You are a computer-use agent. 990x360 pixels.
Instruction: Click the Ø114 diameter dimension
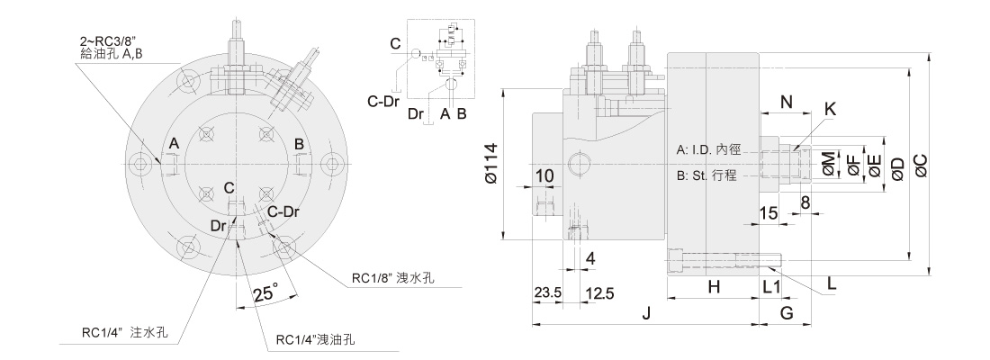[x=491, y=166]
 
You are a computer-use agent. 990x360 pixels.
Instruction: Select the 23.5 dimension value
[x=547, y=293]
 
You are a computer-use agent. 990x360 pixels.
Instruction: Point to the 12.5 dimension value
[x=598, y=293]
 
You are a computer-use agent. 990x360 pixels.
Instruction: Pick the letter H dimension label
[x=713, y=287]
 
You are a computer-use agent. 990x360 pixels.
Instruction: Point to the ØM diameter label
[x=828, y=164]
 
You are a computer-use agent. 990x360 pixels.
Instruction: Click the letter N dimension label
[x=786, y=102]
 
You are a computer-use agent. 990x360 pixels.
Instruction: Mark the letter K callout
[x=830, y=109]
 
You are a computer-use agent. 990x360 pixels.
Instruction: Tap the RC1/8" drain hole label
[x=393, y=278]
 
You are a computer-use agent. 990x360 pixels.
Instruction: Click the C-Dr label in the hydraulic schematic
[x=383, y=101]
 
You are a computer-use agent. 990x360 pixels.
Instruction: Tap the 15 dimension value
[x=768, y=212]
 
